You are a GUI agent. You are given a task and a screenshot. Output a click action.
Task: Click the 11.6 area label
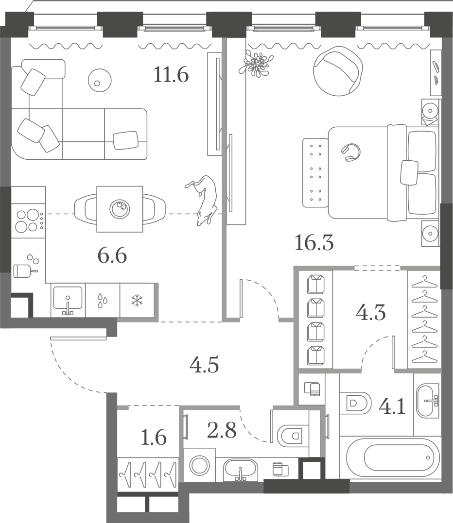coord(171,75)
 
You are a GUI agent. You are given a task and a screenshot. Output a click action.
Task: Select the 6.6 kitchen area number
coord(112,256)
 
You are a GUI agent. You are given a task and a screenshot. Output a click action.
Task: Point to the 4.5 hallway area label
coord(204,365)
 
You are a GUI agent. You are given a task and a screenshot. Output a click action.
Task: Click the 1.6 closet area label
coord(154,438)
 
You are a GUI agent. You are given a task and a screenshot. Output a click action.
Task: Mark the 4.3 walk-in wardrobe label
coord(371,313)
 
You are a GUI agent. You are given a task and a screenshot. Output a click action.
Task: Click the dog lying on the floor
coord(202,201)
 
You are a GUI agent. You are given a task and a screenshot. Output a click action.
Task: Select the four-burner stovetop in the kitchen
coord(29,220)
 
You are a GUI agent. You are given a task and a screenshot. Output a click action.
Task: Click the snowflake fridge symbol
coord(137,300)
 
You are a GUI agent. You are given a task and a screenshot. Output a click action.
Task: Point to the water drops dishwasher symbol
coord(102,300)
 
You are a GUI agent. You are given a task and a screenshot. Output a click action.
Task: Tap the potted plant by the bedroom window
coord(256,63)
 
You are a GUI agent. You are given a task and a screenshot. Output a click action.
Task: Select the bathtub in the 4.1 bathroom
coord(393,457)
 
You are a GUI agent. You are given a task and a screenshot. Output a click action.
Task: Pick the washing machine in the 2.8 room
coord(200,465)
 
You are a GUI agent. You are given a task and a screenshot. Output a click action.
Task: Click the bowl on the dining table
coord(120,209)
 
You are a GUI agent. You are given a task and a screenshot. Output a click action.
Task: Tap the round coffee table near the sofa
coord(100,81)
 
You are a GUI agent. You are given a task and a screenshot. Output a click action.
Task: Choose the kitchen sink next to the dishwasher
coord(68,300)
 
